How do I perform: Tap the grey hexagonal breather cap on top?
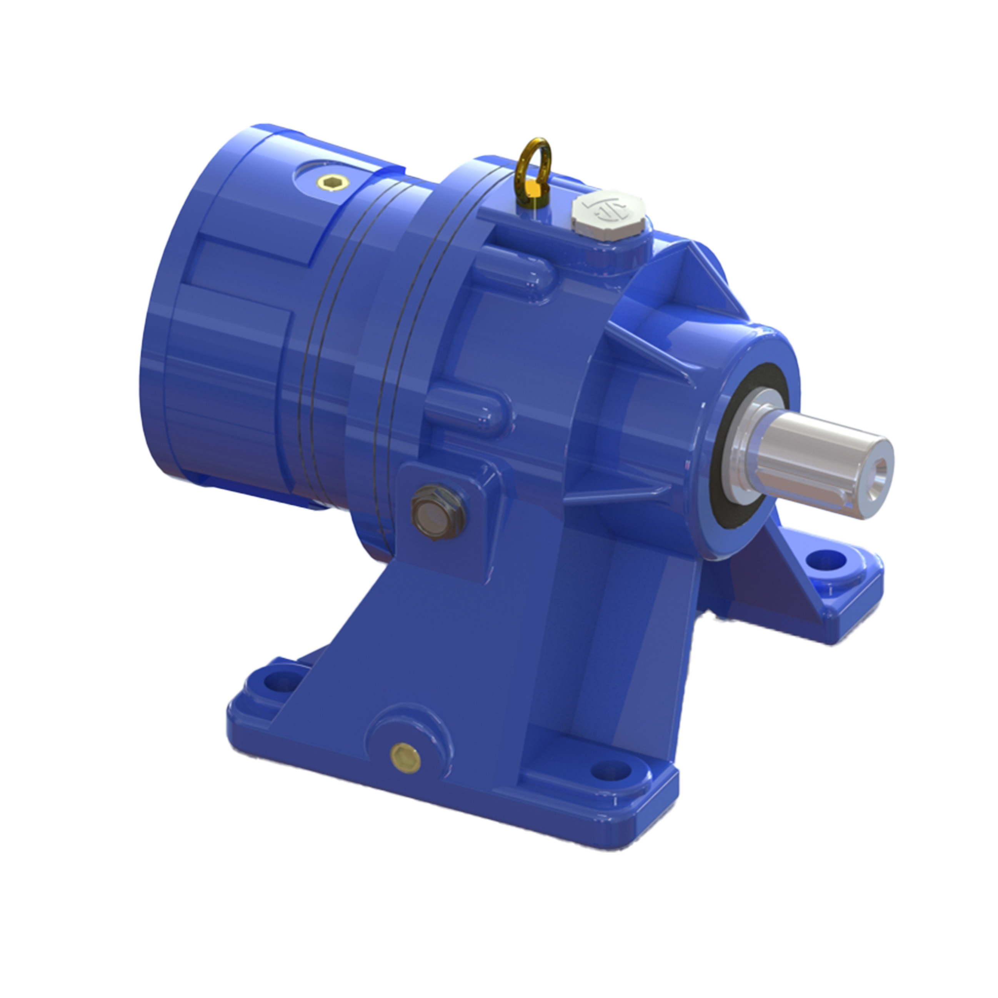pyautogui.click(x=608, y=216)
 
